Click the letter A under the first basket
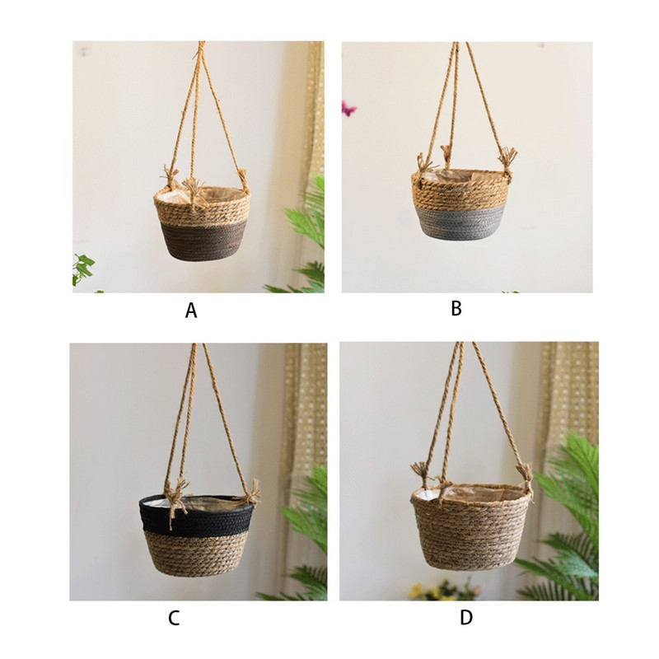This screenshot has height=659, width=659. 191,311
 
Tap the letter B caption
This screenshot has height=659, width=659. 456,309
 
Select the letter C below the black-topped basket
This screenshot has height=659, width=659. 174,619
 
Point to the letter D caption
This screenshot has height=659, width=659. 467,618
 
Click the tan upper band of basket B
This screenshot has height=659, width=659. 459,191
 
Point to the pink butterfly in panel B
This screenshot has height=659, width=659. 348,108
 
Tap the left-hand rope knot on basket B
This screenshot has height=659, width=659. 424,164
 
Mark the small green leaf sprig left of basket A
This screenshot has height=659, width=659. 82,268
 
